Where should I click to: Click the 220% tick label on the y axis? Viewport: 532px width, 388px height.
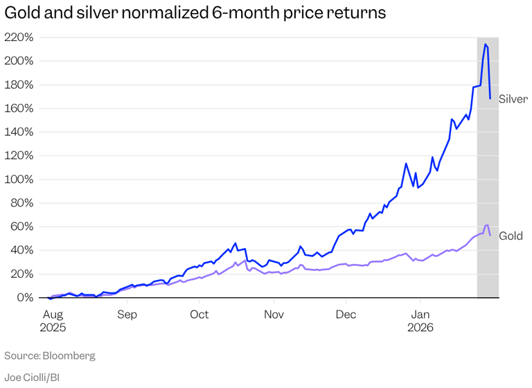coord(19,37)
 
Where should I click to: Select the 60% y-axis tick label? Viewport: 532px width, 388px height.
coord(21,227)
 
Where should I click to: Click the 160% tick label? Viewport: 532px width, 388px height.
coord(19,109)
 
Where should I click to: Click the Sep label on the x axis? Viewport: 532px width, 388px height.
coord(127,314)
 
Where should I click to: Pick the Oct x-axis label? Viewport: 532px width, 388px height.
coord(199,314)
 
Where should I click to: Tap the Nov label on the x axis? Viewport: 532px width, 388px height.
coord(274,314)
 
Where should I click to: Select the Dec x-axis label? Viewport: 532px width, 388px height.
coord(346,314)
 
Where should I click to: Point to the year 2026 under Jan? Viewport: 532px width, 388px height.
coord(420,328)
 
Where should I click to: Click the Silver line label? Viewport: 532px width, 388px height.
coord(513,99)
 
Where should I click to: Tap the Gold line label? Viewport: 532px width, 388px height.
coord(511,236)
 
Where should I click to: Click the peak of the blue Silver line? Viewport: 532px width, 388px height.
coord(486,44)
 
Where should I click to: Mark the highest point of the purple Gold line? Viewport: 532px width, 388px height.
coord(487,225)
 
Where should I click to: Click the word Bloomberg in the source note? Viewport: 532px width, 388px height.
coord(69,355)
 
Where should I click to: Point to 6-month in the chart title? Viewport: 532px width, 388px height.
coord(229,13)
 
